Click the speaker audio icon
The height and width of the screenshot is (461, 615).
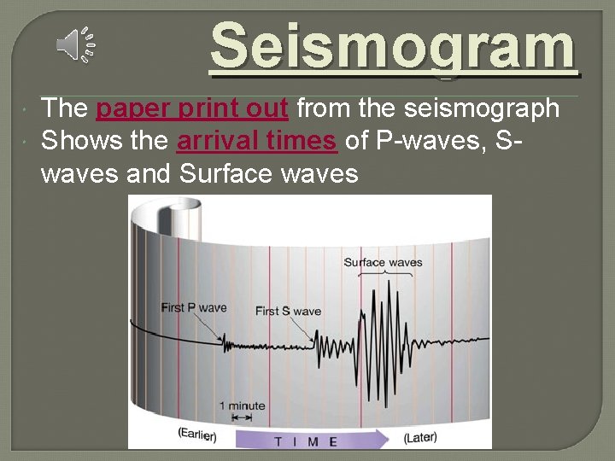click(76, 44)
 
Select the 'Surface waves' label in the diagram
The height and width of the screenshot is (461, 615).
click(383, 262)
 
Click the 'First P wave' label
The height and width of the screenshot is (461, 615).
click(194, 307)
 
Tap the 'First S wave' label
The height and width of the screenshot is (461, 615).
click(288, 311)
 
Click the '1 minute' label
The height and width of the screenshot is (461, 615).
click(242, 406)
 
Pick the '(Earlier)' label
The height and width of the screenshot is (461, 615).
click(196, 435)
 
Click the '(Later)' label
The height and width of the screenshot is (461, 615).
click(420, 437)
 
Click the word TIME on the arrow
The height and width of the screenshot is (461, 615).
click(306, 441)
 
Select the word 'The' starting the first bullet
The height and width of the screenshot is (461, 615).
click(65, 108)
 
